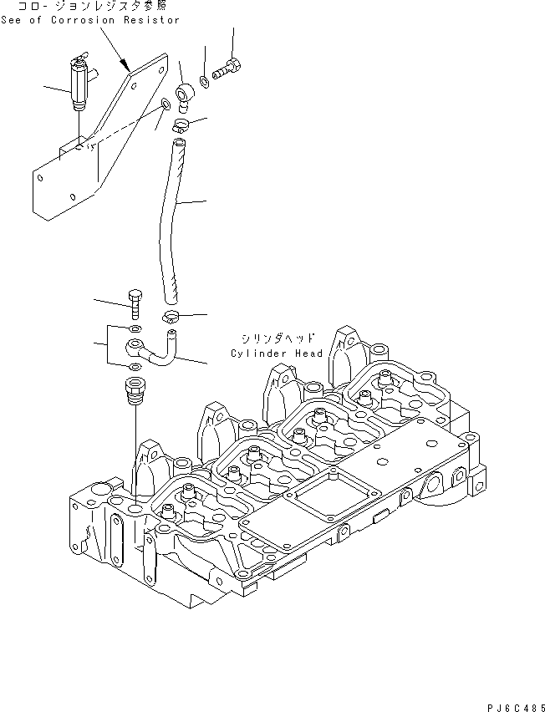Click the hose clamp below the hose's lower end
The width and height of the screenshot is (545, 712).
click(171, 316)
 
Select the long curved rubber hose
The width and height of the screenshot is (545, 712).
click(171, 217)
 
